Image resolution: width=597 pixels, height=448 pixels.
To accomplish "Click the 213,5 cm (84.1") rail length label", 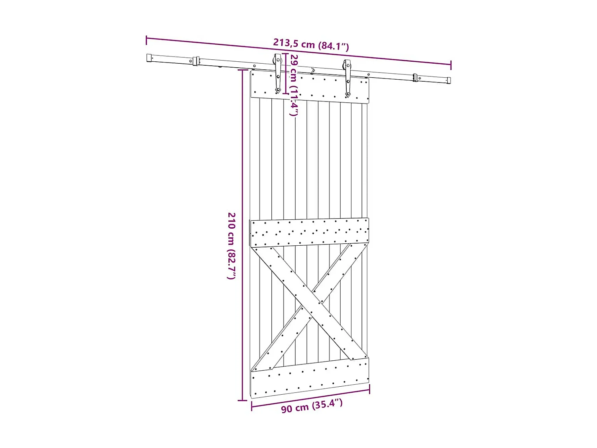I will coord(311,44).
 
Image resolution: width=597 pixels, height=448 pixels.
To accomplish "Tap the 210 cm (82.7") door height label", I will coord(232,246).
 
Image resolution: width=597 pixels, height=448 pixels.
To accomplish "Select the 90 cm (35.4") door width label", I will coord(312,406).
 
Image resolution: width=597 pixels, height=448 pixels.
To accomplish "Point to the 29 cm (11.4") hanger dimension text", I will coord(294,85).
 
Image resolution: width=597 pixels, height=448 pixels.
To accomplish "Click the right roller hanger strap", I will coord(348,80).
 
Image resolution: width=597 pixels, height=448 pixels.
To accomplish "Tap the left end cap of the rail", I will coord(149,58).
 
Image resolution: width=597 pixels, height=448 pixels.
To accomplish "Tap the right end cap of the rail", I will coord(449,80).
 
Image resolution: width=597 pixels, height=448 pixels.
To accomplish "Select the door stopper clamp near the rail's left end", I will coord(195,61).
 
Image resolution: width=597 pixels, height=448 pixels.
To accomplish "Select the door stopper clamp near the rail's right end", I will coord(415,77).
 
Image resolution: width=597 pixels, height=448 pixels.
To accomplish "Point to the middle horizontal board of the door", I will coord(310,233).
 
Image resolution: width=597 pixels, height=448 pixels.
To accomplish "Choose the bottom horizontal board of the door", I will coord(310,378).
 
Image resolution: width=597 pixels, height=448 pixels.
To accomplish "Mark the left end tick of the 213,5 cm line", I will coord(146,40).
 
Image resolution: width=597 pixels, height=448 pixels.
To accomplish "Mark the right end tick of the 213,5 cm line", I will coord(451,65).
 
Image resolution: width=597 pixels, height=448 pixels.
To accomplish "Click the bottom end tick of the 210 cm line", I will coord(242,400).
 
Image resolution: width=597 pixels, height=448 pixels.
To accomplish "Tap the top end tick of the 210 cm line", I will coord(242,70).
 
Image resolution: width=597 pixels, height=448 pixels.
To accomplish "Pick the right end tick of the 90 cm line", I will coord(369,389).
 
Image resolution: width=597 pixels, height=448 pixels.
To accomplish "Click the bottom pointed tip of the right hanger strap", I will coord(348,96).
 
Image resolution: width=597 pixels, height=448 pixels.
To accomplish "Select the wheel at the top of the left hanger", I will coord(277,60).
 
